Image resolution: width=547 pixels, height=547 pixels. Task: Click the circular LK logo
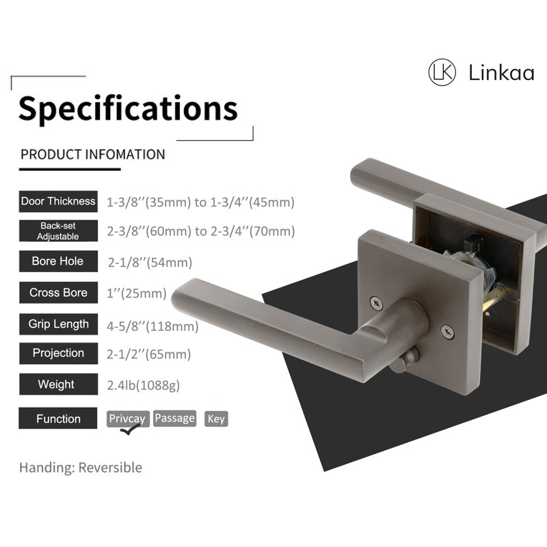[442, 72]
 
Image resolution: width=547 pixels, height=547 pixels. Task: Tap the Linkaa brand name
[501, 73]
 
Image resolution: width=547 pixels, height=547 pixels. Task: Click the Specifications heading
[128, 109]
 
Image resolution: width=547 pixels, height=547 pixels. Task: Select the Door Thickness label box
[58, 201]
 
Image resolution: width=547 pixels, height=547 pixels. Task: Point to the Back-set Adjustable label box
[58, 231]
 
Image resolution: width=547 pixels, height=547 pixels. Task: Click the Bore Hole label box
[58, 261]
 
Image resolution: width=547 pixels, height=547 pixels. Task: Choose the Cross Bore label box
[58, 293]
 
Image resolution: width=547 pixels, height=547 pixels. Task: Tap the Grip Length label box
[58, 324]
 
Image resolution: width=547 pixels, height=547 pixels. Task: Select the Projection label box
[58, 353]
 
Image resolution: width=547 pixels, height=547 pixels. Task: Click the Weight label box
[58, 384]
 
